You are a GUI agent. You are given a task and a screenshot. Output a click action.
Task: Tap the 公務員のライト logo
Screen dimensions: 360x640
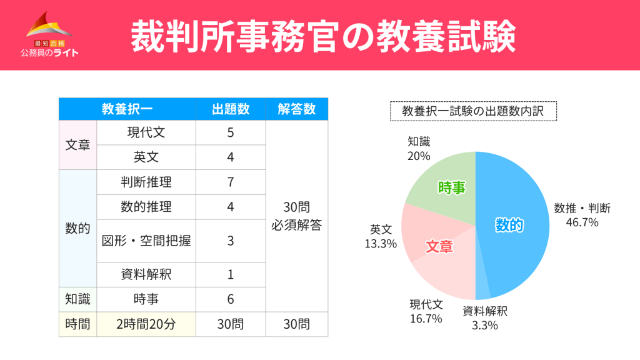pos(49,37)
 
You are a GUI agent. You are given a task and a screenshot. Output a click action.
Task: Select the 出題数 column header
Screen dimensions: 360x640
pos(231,109)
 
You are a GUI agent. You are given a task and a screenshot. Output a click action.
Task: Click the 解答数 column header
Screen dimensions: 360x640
pos(297,109)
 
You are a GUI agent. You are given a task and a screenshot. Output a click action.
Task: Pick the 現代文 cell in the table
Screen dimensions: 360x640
pos(146,132)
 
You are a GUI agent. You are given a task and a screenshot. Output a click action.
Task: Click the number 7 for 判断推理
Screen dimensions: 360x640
pos(231,182)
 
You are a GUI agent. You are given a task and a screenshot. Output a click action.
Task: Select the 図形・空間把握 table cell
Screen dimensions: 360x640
pos(146,241)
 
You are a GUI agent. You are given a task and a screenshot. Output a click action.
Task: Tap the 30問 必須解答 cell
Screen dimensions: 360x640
pos(297,216)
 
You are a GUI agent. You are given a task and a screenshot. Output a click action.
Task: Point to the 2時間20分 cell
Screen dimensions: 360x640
pos(146,324)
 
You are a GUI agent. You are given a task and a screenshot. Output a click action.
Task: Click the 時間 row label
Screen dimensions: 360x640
pos(77,324)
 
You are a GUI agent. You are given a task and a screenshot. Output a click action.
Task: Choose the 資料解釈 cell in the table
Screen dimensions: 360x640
pos(146,274)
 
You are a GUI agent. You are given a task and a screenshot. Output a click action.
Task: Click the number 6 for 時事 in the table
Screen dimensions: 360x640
pos(231,299)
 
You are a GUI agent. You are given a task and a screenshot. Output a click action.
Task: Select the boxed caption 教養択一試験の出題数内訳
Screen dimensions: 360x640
pos(473,111)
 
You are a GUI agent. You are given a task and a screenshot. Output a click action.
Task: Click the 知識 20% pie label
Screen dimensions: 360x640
pos(419,149)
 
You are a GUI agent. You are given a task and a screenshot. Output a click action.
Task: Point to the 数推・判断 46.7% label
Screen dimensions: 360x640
pos(582,215)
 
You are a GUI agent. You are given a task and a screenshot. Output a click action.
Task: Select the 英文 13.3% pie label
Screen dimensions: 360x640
pos(381,237)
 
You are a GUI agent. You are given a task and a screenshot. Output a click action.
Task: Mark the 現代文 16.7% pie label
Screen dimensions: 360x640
pos(426,311)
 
